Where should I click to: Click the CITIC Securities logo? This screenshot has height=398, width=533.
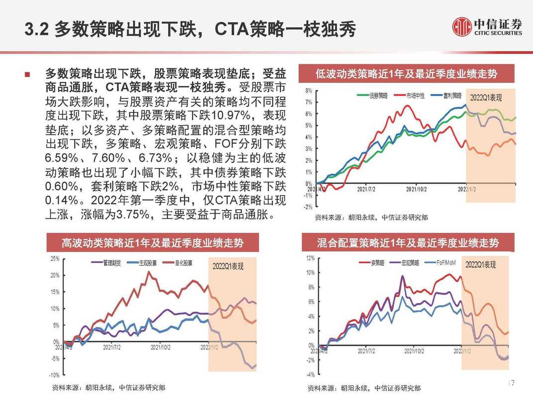click(x=487, y=27)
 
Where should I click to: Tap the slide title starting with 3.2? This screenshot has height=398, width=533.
click(x=191, y=29)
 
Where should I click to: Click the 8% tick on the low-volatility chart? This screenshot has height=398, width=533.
click(x=308, y=91)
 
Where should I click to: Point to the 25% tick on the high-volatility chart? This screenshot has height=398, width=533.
click(x=55, y=259)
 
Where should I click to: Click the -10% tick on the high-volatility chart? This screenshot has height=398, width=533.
click(x=55, y=375)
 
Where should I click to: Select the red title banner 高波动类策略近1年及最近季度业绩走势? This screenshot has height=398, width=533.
click(x=153, y=243)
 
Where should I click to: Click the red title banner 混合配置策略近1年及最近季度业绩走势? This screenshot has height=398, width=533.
click(x=407, y=243)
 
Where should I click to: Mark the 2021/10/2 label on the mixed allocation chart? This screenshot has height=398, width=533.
click(x=415, y=351)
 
